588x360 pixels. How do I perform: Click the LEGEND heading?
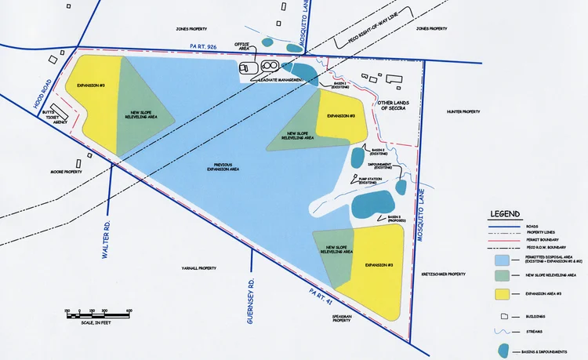click(x=506, y=214)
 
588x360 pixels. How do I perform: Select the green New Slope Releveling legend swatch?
click(x=503, y=275)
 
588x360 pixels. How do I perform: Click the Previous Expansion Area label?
click(x=223, y=166)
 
